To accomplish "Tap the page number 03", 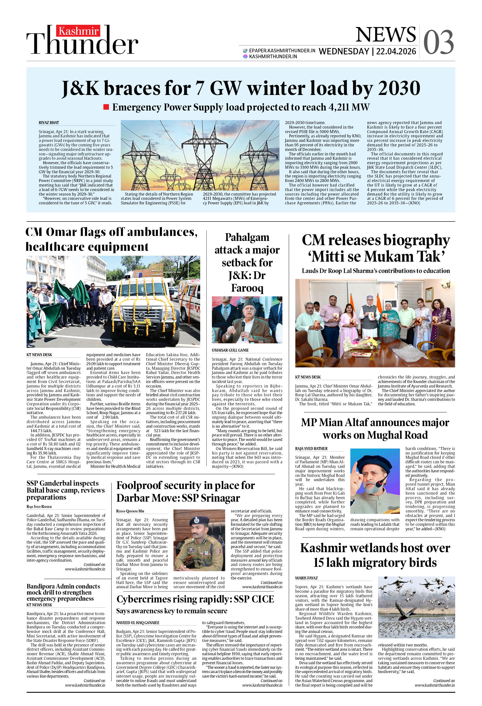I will click(x=438, y=43).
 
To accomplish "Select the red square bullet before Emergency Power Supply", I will click(x=106, y=107).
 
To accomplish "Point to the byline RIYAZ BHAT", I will click(x=49, y=123).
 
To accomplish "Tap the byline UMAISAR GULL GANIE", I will click(x=230, y=350).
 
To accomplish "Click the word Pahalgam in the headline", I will click(x=247, y=237).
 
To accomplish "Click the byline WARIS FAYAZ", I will click(x=306, y=578).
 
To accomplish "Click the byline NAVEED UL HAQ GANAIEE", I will click(x=138, y=623).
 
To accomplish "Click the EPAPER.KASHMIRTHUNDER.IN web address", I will click(x=282, y=51).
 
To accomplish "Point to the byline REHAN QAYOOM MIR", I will click(x=130, y=511).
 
